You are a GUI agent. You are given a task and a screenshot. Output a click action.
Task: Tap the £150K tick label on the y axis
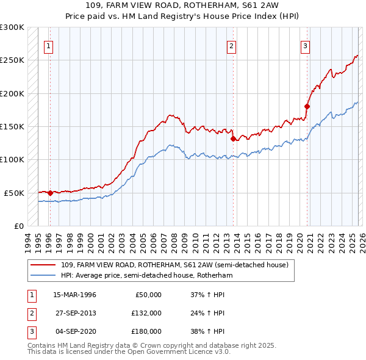point(12,126)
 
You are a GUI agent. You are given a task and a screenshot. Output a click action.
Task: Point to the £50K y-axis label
point(14,193)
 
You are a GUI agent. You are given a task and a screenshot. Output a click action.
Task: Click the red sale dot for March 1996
point(50,193)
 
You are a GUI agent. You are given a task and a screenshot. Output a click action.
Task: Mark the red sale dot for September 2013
point(233,139)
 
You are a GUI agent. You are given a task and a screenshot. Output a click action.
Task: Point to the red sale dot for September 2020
point(307,107)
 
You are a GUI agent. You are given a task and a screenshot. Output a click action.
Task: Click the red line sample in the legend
point(43,265)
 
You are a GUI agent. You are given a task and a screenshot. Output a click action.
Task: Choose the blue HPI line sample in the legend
point(43,275)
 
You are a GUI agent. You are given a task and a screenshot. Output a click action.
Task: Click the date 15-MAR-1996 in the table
point(74,295)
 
